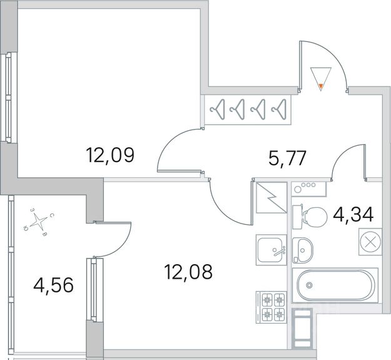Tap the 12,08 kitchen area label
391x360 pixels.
point(188,272)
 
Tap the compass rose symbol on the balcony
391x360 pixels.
point(39,220)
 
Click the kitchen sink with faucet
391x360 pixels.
point(271,251)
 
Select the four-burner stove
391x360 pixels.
point(271,307)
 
